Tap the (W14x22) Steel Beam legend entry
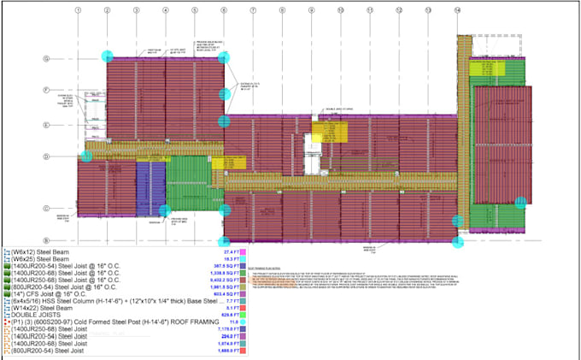(43, 307)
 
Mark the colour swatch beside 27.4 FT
(244, 253)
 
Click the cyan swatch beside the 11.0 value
(244, 322)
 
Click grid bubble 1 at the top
(77, 10)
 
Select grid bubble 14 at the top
(458, 10)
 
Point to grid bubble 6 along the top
(223, 10)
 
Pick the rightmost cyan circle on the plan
(520, 203)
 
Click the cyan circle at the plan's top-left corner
(107, 56)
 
